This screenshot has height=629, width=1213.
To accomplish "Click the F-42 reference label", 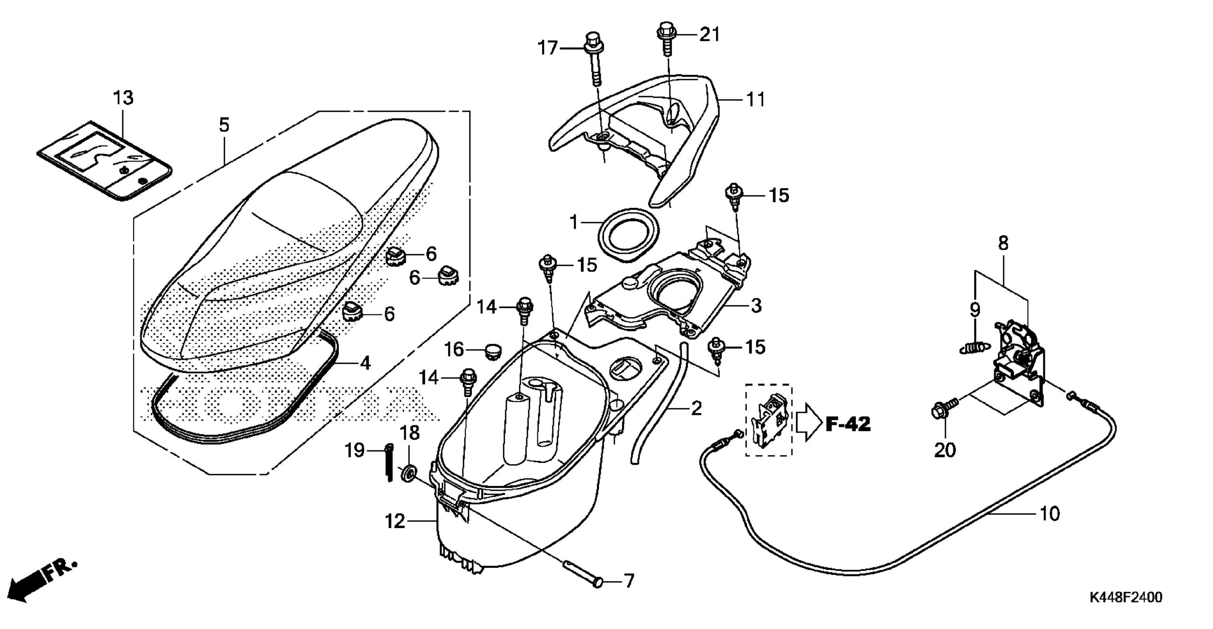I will pos(848,424).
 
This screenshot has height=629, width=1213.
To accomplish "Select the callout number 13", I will pos(123,98).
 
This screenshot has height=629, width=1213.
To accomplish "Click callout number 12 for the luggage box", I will pos(395,522).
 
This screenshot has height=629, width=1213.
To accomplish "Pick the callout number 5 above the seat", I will pos(224,125).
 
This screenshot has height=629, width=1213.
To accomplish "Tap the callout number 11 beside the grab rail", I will pos(755,99).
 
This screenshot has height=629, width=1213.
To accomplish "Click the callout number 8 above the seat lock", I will pos(1003,243).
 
